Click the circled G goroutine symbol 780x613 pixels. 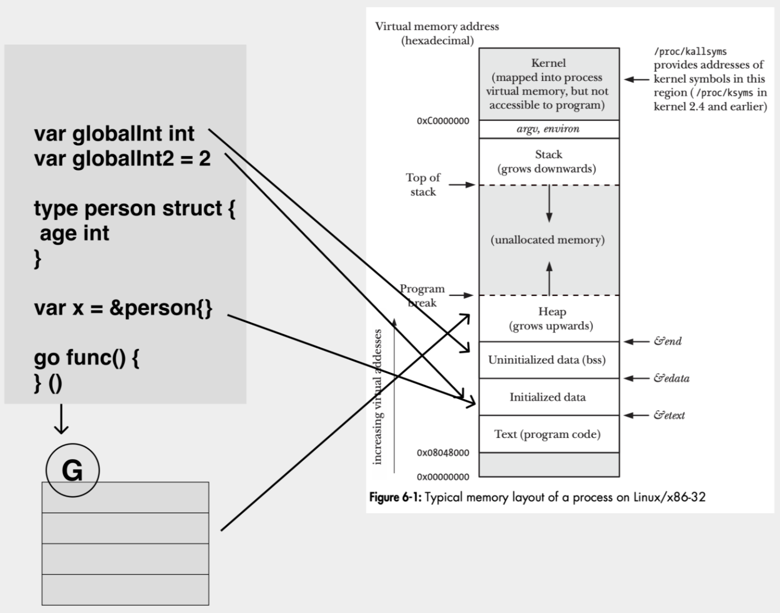(x=72, y=470)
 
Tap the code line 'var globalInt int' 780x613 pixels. (x=114, y=134)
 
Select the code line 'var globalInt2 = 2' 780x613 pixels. (x=122, y=159)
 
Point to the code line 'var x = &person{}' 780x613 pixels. (x=123, y=308)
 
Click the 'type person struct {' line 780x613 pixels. (x=134, y=208)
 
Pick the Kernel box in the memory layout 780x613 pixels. (x=549, y=84)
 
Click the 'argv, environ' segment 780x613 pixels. (x=548, y=129)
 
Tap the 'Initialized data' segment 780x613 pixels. (x=548, y=397)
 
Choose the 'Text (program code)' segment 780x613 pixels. (x=548, y=434)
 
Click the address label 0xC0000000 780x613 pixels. (x=443, y=121)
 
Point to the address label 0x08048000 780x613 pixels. (x=443, y=453)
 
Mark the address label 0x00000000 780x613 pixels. (x=443, y=477)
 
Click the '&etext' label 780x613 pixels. (x=669, y=415)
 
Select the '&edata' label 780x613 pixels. (x=671, y=378)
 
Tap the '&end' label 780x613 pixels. (x=667, y=341)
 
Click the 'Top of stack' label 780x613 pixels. (x=423, y=184)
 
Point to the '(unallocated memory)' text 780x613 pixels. (x=548, y=240)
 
